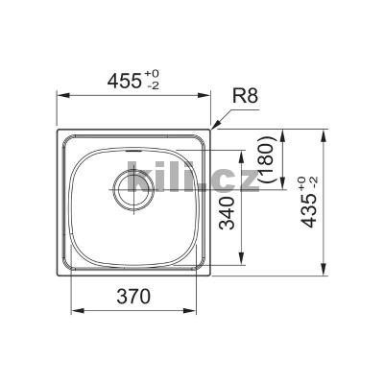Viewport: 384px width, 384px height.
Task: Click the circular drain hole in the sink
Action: [x=132, y=185]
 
